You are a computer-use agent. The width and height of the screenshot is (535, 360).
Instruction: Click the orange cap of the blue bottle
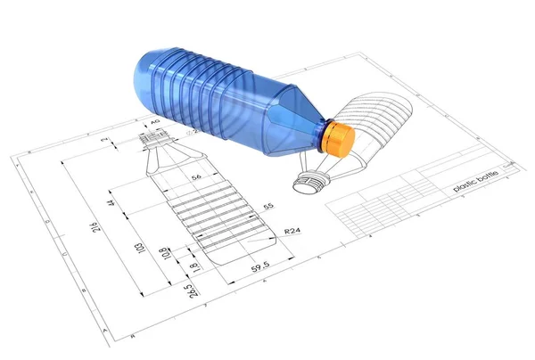point(339,139)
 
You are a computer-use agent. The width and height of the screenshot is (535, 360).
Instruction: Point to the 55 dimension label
point(267,206)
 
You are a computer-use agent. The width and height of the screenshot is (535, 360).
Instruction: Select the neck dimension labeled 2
point(104,141)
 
